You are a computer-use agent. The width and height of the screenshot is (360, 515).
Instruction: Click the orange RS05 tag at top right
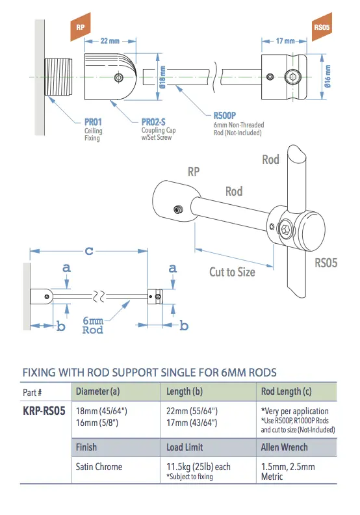point(320,29)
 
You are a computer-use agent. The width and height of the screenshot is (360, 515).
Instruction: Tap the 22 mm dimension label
point(110,41)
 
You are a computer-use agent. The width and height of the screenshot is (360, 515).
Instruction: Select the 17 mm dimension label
point(284,41)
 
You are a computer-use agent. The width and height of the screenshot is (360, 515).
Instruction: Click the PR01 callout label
point(94,122)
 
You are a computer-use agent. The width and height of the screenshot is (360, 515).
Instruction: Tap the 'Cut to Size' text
point(232,272)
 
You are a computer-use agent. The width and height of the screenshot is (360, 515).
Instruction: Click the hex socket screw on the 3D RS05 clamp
point(288,230)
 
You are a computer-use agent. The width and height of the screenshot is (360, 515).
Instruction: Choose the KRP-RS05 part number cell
point(44,412)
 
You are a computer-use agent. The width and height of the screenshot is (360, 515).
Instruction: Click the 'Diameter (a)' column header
point(97,391)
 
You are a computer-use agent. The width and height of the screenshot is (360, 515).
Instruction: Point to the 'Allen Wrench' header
point(284,447)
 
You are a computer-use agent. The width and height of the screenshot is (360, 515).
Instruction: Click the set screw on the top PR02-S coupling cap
point(117,77)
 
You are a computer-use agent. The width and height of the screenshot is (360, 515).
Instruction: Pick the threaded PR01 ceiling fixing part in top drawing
point(60,77)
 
